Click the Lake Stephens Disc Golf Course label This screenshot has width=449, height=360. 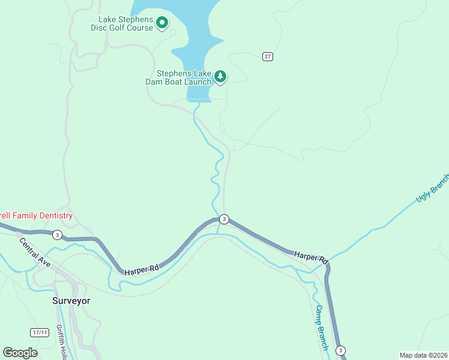coord(122,23)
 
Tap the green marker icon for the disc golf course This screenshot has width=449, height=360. coord(162,23)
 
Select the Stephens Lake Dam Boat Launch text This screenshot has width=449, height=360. coord(179,77)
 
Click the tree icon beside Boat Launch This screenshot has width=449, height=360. coord(221,76)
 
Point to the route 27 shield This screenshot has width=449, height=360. coord(268,56)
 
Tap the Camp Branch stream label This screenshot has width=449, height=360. coord(322,327)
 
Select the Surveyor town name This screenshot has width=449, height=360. coord(71,301)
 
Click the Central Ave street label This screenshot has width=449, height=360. coord(34,253)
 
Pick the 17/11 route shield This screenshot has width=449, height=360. coord(40,332)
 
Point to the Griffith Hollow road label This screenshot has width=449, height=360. coord(61,342)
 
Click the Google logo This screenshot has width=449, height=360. coord(20,352)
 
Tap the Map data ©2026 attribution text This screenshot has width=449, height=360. coord(423,355)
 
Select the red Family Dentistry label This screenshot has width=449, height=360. coord(36,215)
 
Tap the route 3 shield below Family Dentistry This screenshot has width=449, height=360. coord(56,234)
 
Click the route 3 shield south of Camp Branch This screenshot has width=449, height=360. coord(341,350)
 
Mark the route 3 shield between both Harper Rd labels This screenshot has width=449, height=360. coord(224,219)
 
